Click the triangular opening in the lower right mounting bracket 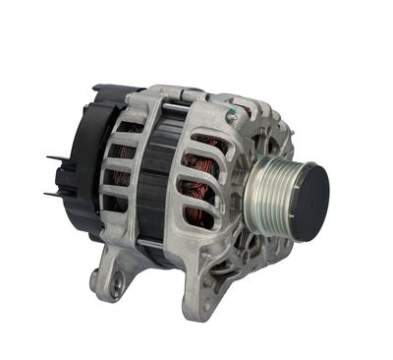(x=222, y=266)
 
